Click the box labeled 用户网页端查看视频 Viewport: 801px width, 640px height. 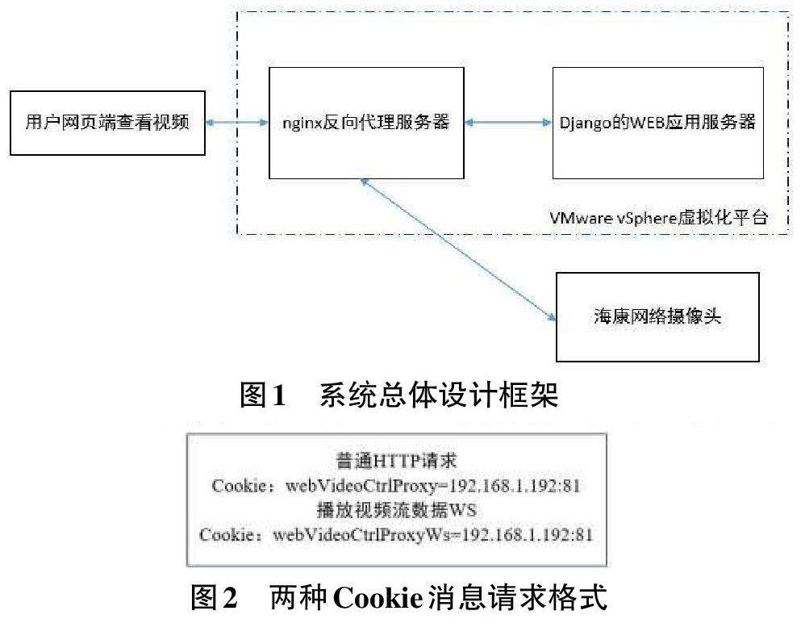coord(106,123)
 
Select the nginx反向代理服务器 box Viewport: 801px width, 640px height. coord(366,123)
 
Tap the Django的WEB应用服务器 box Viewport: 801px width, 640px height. coord(657,123)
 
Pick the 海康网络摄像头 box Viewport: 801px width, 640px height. coord(657,317)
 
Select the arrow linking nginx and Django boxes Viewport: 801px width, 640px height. coord(508,123)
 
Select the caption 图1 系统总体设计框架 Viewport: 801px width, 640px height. coord(399,395)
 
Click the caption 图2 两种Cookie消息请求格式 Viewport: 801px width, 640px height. coord(398,597)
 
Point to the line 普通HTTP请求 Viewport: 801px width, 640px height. coord(396,462)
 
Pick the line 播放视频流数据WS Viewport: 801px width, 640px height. coord(396,510)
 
